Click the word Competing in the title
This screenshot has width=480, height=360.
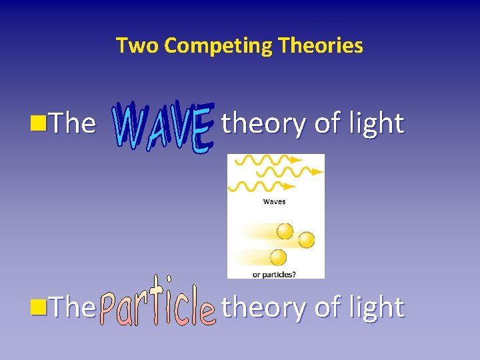(219, 45)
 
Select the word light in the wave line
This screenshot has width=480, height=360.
(378, 123)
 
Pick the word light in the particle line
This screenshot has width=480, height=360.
(378, 307)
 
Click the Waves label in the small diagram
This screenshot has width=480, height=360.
(274, 201)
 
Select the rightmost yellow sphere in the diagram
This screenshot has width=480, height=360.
(307, 239)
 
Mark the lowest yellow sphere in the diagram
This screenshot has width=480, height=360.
(278, 257)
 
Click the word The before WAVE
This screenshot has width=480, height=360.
(73, 123)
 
